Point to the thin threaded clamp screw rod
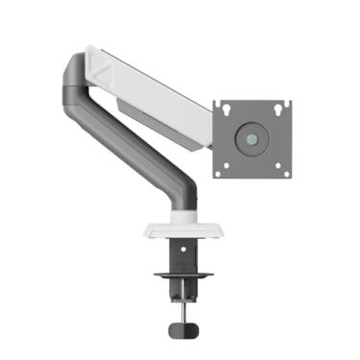[x=179, y=305]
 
